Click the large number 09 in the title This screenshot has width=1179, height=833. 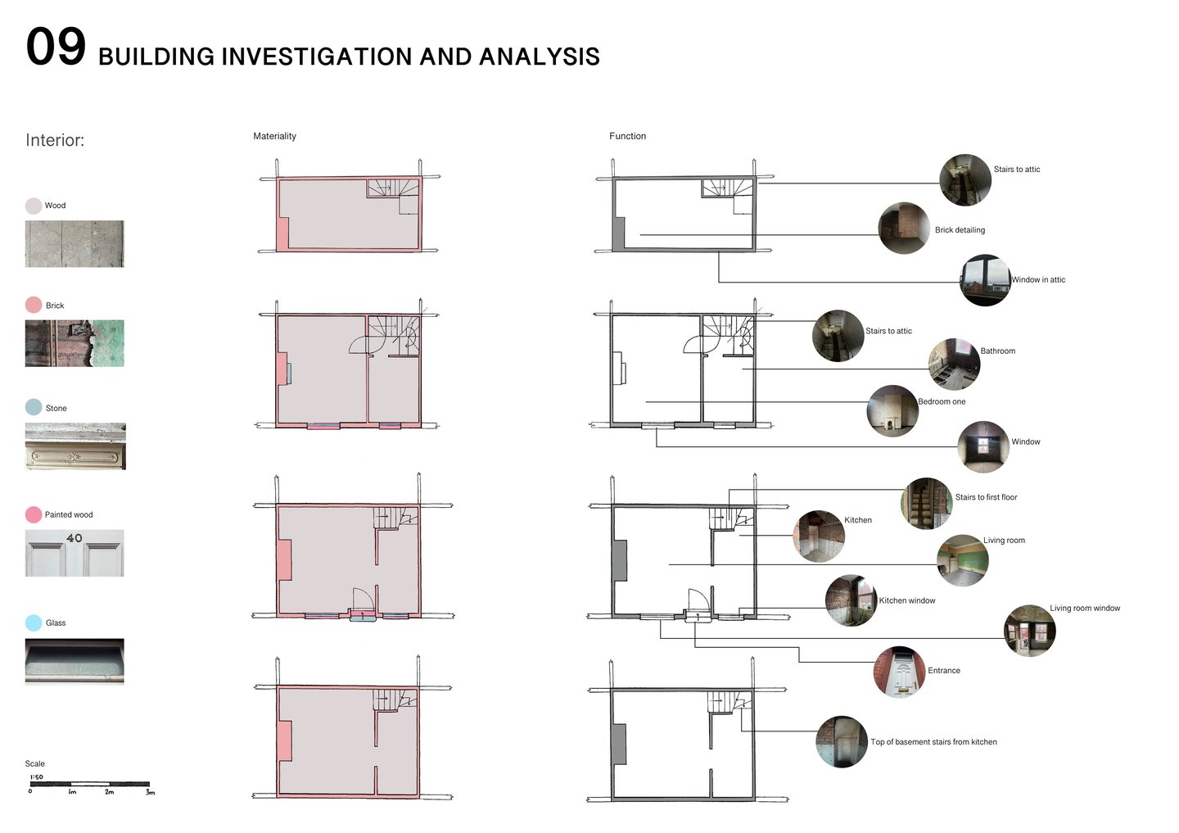point(56,47)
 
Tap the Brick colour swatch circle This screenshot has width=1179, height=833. point(34,305)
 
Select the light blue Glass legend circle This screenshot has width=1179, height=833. point(34,622)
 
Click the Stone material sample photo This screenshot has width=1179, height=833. point(75,446)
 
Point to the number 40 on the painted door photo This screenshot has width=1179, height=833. point(74,538)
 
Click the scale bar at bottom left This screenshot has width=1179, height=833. point(90,784)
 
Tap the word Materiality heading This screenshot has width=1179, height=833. point(274,136)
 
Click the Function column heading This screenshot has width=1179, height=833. point(627,136)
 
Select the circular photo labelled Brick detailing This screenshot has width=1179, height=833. point(904,228)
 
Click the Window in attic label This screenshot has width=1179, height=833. point(1038,280)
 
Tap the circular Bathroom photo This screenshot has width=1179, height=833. point(954,364)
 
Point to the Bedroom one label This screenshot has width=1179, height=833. point(942,402)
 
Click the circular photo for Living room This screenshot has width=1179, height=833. point(962,560)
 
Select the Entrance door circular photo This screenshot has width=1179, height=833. point(900,672)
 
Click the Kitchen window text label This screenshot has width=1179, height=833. point(907,601)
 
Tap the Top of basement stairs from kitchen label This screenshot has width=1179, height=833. point(933,742)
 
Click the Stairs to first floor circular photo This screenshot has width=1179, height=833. point(927,503)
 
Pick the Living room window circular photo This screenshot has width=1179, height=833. point(1029,631)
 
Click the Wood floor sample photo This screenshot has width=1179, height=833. point(75,243)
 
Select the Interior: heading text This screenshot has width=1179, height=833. point(55,140)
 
